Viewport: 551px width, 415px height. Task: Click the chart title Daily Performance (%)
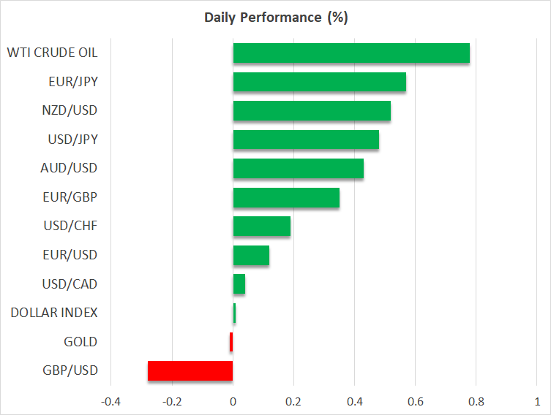(x=275, y=18)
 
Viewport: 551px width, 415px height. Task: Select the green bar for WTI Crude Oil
(x=351, y=53)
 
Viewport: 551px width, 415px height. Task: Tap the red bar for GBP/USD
(x=190, y=370)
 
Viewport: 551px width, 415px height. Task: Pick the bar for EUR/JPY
(x=319, y=82)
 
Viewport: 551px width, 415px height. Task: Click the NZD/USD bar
(x=312, y=110)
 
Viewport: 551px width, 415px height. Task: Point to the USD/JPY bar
(x=306, y=140)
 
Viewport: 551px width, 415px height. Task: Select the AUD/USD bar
(x=298, y=168)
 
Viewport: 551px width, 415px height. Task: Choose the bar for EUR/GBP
(x=286, y=197)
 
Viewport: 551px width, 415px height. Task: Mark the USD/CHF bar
(x=261, y=226)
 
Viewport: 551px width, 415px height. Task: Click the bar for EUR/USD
(x=251, y=255)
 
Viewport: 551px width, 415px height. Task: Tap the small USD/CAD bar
(x=239, y=283)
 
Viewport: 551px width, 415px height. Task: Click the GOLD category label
(x=80, y=342)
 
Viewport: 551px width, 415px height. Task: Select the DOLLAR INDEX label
(x=54, y=313)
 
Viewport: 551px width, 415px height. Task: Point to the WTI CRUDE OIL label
(x=52, y=53)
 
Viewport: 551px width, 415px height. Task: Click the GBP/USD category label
(x=70, y=370)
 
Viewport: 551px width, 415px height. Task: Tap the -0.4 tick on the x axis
(x=111, y=401)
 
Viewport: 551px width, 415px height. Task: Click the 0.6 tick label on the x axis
(x=415, y=401)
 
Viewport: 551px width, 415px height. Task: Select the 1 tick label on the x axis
(x=537, y=401)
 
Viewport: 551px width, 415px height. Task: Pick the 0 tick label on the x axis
(x=233, y=401)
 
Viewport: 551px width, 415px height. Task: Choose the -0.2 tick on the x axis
(x=172, y=401)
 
